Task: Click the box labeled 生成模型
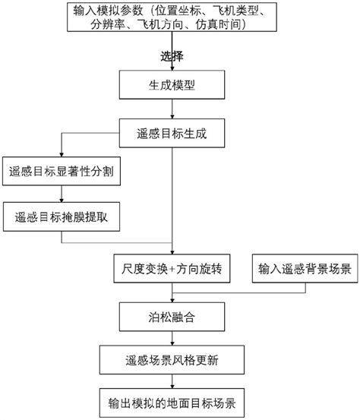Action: click(x=174, y=85)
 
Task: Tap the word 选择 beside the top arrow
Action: click(x=172, y=56)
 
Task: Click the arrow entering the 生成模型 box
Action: click(x=175, y=61)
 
